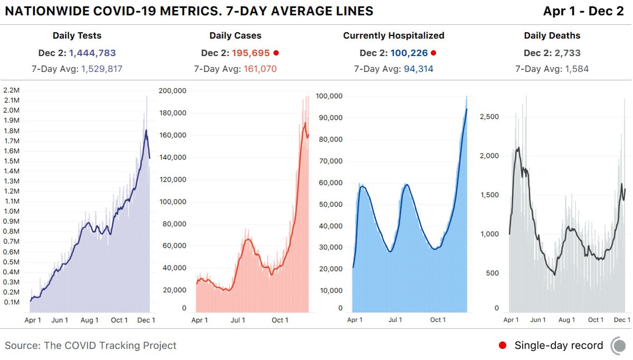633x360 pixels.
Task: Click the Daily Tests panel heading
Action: (x=77, y=36)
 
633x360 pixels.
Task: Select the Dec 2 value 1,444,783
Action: (x=92, y=53)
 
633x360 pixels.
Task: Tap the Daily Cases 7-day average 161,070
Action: (x=260, y=69)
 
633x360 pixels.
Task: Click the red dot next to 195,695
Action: (x=276, y=53)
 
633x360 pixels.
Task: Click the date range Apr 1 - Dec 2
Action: (x=583, y=11)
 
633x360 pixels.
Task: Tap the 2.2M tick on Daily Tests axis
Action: (x=12, y=90)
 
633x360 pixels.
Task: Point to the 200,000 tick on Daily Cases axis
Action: (x=172, y=91)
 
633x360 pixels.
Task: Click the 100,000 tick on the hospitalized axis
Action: (x=329, y=96)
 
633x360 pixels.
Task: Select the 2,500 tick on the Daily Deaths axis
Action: (x=490, y=117)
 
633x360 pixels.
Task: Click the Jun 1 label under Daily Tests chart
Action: (x=60, y=320)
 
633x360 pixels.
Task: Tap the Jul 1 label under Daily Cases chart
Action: (x=238, y=320)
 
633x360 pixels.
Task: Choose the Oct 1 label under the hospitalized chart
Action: (x=437, y=320)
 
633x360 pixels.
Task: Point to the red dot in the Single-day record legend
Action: (x=503, y=345)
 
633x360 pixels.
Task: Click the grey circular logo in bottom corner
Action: (x=619, y=346)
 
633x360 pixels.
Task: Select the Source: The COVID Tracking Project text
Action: (x=91, y=346)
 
